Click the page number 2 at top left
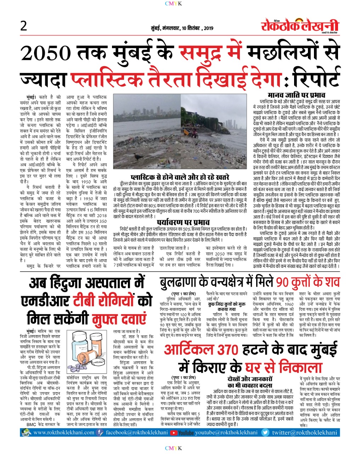[24, 26]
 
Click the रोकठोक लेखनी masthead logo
[300, 26]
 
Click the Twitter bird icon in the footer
[265, 433]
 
